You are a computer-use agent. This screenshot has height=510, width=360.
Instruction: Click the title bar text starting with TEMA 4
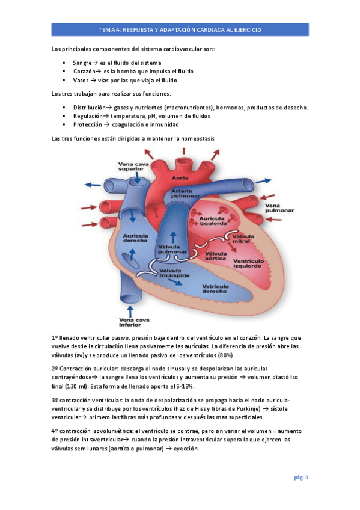(x=180, y=30)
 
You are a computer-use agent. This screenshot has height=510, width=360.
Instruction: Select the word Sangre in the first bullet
(x=81, y=63)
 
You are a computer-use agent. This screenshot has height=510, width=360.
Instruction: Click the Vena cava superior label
(x=133, y=167)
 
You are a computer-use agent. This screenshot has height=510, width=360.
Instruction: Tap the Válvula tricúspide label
(x=174, y=273)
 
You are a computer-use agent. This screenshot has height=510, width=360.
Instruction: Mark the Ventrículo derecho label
(x=215, y=289)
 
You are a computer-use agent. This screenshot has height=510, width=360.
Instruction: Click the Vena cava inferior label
(x=133, y=322)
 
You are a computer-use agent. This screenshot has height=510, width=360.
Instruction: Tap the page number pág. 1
(x=301, y=477)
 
